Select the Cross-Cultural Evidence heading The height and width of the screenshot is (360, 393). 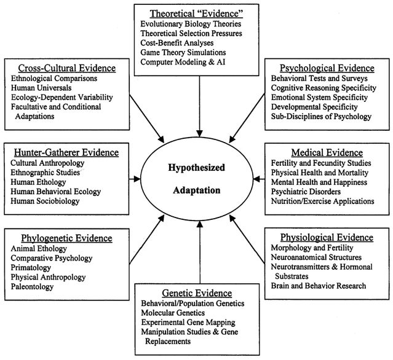(x=62, y=68)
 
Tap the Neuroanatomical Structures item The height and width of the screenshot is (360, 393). (x=316, y=257)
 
